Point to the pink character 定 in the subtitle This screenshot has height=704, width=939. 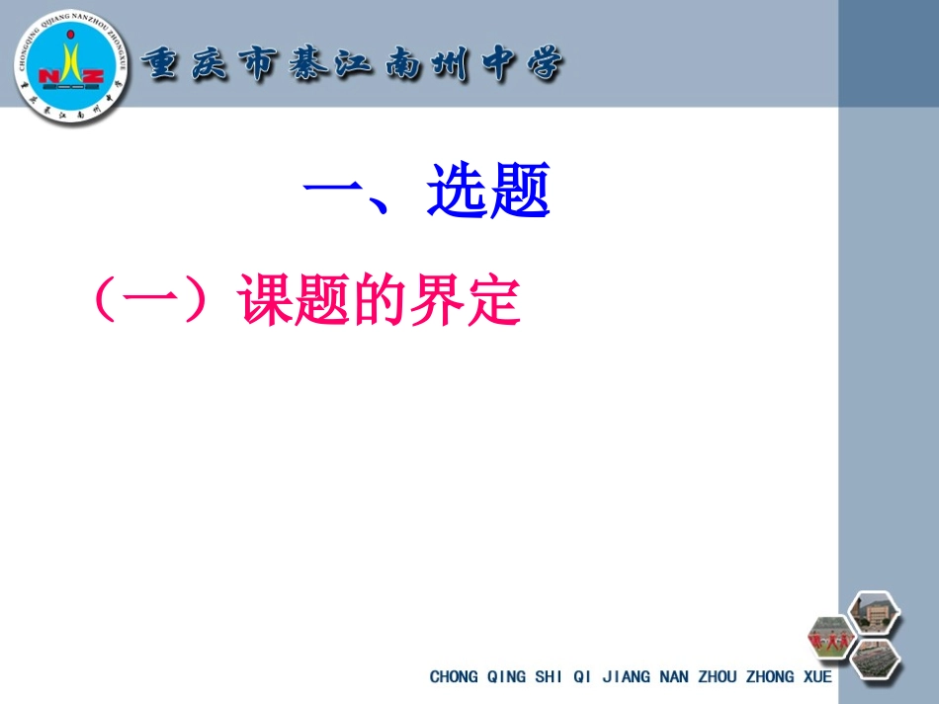click(491, 299)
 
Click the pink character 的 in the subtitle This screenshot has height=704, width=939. click(377, 299)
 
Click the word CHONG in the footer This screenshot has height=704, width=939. click(453, 677)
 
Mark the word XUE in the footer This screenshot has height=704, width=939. click(816, 677)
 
